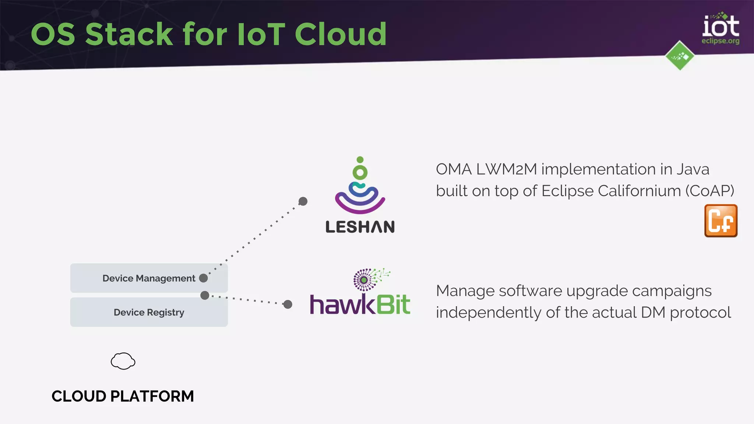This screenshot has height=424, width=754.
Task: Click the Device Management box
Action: [x=149, y=278]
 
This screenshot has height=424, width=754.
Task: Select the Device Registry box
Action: [x=149, y=312]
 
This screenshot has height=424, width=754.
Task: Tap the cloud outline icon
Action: [x=123, y=361]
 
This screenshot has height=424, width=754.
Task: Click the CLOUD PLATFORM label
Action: [x=123, y=396]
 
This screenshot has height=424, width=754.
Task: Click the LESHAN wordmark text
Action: [x=360, y=227]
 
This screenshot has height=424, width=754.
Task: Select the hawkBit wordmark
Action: [x=360, y=305]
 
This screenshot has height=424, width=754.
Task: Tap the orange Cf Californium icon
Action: [x=720, y=221]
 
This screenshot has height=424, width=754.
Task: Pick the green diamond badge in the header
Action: [x=680, y=56]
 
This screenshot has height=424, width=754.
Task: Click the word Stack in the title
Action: [x=129, y=34]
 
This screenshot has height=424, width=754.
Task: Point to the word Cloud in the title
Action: [x=341, y=34]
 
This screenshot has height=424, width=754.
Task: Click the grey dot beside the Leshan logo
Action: [x=303, y=201]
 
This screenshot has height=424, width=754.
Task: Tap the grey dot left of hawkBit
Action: [x=288, y=304]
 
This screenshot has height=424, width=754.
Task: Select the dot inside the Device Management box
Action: [x=203, y=278]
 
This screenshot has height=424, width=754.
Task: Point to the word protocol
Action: [x=700, y=313]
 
